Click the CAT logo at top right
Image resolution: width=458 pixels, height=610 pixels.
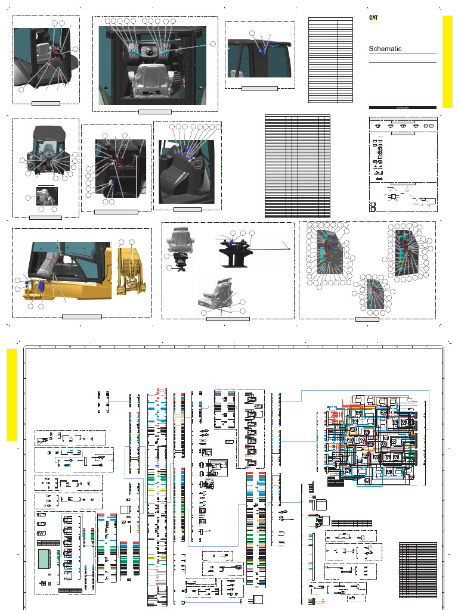tap(373, 18)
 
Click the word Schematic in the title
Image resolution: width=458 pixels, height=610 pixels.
tap(385, 49)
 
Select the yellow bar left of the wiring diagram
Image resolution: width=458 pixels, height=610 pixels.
tap(11, 394)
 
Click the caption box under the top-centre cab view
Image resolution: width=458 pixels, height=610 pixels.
tap(155, 111)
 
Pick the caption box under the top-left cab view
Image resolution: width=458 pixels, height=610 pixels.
tap(45, 103)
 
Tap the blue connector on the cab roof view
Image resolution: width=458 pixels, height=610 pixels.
tap(261, 52)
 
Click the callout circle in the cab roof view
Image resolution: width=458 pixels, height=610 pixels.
tap(252, 33)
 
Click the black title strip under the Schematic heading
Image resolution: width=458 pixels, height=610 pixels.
tap(403, 107)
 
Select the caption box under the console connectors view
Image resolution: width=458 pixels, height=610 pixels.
tap(187, 209)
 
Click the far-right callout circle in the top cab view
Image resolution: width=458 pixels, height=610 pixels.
tap(214, 43)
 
